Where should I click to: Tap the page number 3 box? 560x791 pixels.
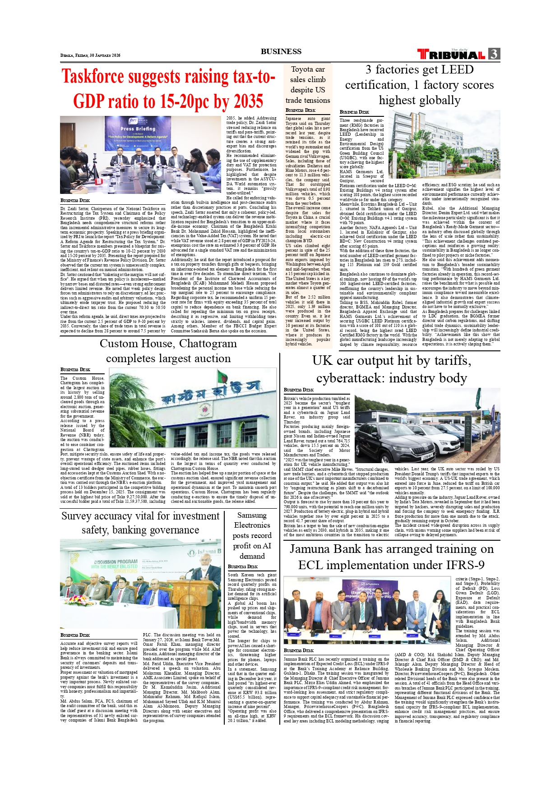click(x=494, y=54)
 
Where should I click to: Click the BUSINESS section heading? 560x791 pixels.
click(x=281, y=51)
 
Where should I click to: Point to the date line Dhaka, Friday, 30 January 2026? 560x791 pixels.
click(x=90, y=55)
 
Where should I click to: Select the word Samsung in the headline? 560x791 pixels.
click(x=252, y=515)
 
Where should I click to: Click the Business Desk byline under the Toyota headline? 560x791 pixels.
click(x=300, y=110)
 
